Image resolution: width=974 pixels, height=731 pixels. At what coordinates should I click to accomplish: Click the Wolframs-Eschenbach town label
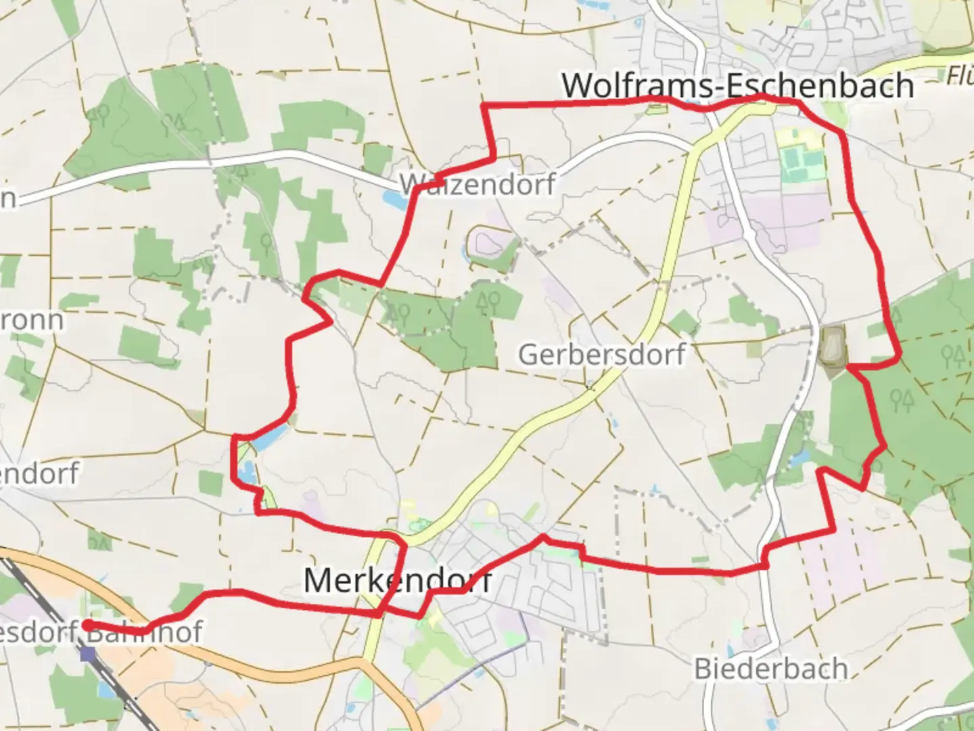(737, 85)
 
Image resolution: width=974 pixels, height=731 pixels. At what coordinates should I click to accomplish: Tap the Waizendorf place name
(478, 184)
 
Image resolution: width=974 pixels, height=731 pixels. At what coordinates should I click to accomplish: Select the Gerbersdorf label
(601, 354)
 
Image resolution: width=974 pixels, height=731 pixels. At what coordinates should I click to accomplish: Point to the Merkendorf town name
(398, 581)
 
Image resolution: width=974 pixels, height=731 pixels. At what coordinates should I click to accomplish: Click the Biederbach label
(770, 669)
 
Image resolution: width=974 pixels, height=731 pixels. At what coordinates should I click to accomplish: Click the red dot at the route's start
(88, 625)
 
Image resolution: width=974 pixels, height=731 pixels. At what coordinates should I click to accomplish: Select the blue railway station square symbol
(87, 654)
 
